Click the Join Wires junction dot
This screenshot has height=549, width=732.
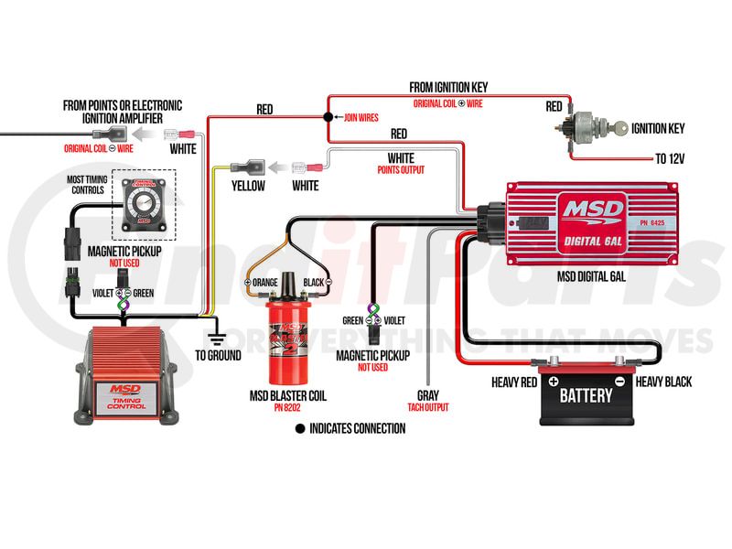328,118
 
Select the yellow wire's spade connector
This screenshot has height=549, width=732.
249,167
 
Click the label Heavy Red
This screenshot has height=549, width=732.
516,382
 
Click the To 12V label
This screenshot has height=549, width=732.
670,158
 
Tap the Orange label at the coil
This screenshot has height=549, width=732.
267,283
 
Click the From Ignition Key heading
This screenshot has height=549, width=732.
448,87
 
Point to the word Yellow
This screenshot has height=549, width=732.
247,187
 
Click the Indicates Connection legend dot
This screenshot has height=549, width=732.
298,428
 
